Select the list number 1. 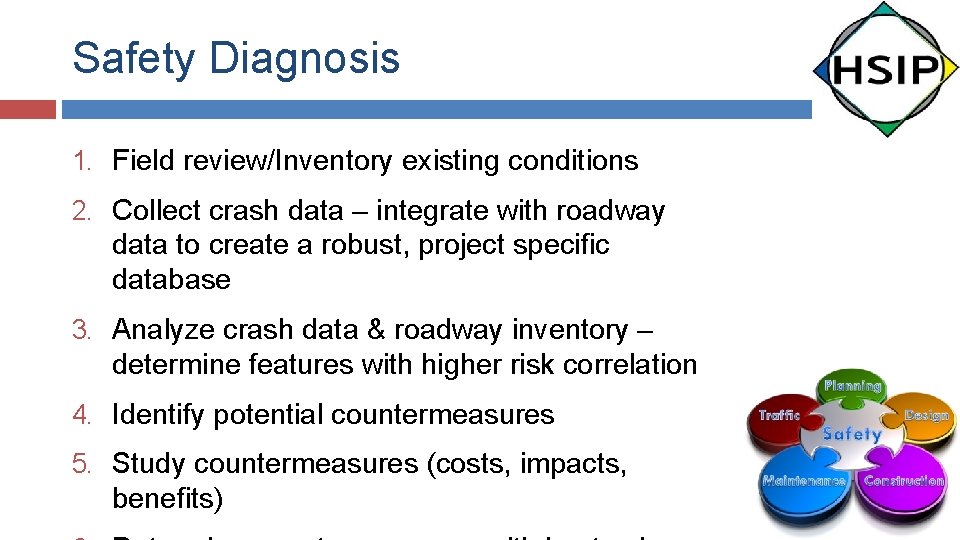pyautogui.click(x=82, y=161)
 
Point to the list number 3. pyautogui.click(x=82, y=330)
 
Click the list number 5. pyautogui.click(x=82, y=464)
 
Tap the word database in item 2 pyautogui.click(x=171, y=279)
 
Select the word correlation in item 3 pyautogui.click(x=630, y=364)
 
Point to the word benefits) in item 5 pyautogui.click(x=168, y=498)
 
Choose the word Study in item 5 pyautogui.click(x=149, y=464)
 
